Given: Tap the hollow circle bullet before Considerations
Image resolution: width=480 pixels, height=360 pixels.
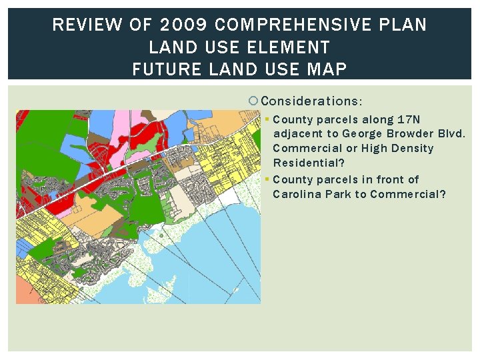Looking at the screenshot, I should click(x=253, y=101).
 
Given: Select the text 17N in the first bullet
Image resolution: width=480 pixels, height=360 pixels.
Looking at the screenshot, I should click(x=409, y=120).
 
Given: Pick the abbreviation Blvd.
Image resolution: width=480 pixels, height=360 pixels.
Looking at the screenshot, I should click(x=451, y=134).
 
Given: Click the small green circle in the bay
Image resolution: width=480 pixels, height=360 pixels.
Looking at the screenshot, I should click(x=160, y=235).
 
